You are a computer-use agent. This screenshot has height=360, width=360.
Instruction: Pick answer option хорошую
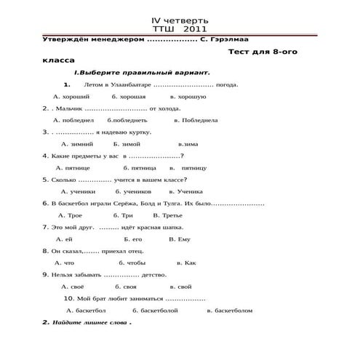191,96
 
